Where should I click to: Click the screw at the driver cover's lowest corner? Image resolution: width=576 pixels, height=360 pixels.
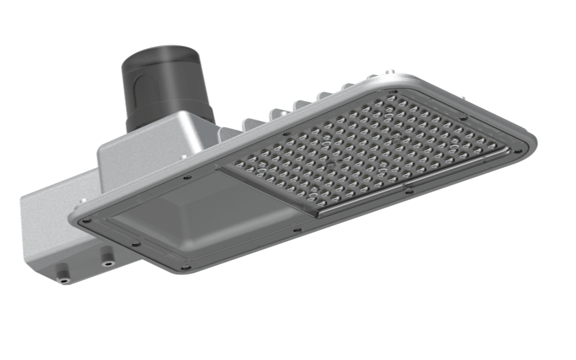[x=186, y=267]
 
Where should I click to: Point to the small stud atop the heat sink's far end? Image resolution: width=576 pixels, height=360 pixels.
[x=389, y=73]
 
